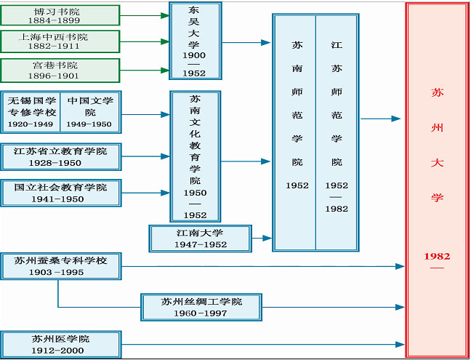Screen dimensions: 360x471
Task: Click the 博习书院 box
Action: coord(60,15)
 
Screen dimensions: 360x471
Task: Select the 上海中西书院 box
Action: coord(60,41)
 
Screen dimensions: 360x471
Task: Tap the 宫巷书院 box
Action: coord(60,70)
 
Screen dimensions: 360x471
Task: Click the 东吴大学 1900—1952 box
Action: coord(194,41)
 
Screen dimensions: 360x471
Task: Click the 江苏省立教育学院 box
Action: coord(60,156)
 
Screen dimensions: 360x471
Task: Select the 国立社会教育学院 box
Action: coord(60,193)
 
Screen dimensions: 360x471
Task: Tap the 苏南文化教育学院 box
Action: coord(194,156)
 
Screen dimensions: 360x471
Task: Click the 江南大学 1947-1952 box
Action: coord(200,238)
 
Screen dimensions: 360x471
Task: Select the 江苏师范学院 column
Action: coord(337,132)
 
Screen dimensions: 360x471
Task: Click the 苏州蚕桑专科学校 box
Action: coord(60,265)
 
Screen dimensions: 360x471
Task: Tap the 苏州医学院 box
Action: coord(60,343)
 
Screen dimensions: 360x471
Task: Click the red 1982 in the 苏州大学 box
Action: coord(437,256)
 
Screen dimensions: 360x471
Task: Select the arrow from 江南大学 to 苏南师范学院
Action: coord(262,237)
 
